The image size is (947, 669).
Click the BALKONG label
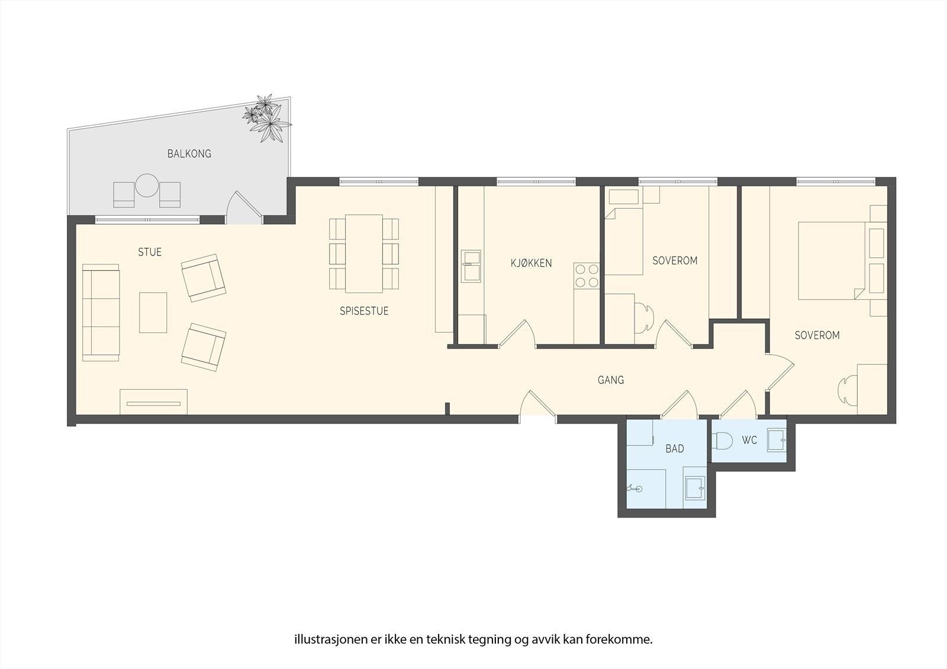pos(189,154)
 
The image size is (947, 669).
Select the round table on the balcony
pos(146,186)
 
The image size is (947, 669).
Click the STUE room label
pos(150,253)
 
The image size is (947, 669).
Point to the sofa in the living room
pos(101,312)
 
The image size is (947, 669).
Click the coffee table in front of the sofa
pos(153,312)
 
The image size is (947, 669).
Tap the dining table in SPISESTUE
pos(364,253)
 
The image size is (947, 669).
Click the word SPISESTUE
pos(364,311)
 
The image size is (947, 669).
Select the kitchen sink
pos(471,266)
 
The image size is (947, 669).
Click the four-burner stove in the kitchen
pos(587,276)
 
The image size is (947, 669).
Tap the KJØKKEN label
pos(531,263)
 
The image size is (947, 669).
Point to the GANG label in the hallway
pos(610,380)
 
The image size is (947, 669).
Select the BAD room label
pos(674,449)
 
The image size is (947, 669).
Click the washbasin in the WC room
pos(776,440)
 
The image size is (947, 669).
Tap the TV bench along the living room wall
pos(153,402)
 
